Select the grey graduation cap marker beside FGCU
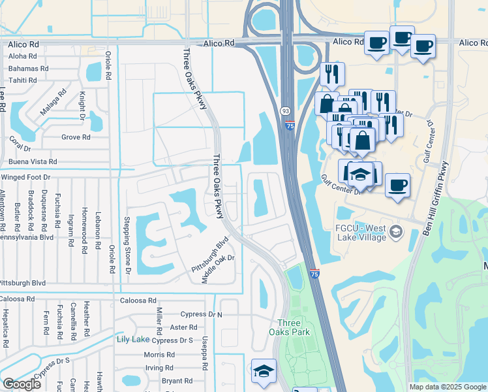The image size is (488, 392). coord(396,233)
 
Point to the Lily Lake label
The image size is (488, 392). coord(132,340)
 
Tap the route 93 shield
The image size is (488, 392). coord(286,112)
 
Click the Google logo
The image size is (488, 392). coord(22,384)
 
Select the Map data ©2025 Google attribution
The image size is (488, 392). coord(448,387)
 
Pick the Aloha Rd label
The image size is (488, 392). coord(22,56)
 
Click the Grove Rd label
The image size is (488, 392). coord(76,137)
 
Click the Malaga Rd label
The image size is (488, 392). coord(53,103)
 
